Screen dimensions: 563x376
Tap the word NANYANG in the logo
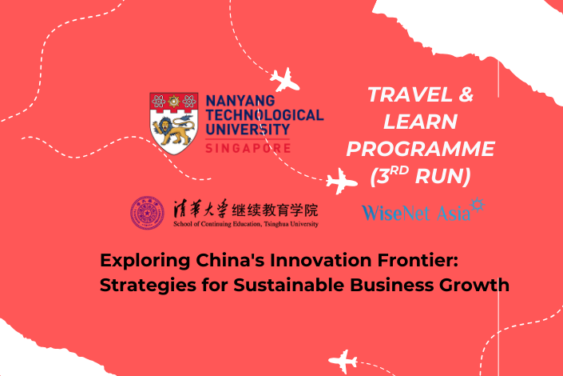(x=240, y=100)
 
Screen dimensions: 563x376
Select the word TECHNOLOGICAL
(x=264, y=114)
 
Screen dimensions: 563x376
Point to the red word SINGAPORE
(x=248, y=148)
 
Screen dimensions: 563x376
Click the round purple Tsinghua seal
(x=147, y=213)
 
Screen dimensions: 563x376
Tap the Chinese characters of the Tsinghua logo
(x=246, y=209)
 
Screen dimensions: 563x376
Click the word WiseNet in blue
(x=395, y=212)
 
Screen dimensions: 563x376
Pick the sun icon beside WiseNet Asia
(x=478, y=205)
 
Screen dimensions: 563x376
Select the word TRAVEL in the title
(x=410, y=94)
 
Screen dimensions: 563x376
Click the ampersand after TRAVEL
(x=466, y=94)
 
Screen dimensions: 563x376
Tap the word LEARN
(x=421, y=122)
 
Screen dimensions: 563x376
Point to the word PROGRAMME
(x=421, y=149)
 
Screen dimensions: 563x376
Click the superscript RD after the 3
(x=399, y=170)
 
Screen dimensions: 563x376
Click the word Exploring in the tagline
(x=145, y=261)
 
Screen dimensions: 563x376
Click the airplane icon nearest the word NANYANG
(x=285, y=80)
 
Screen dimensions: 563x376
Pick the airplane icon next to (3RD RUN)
(x=342, y=181)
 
